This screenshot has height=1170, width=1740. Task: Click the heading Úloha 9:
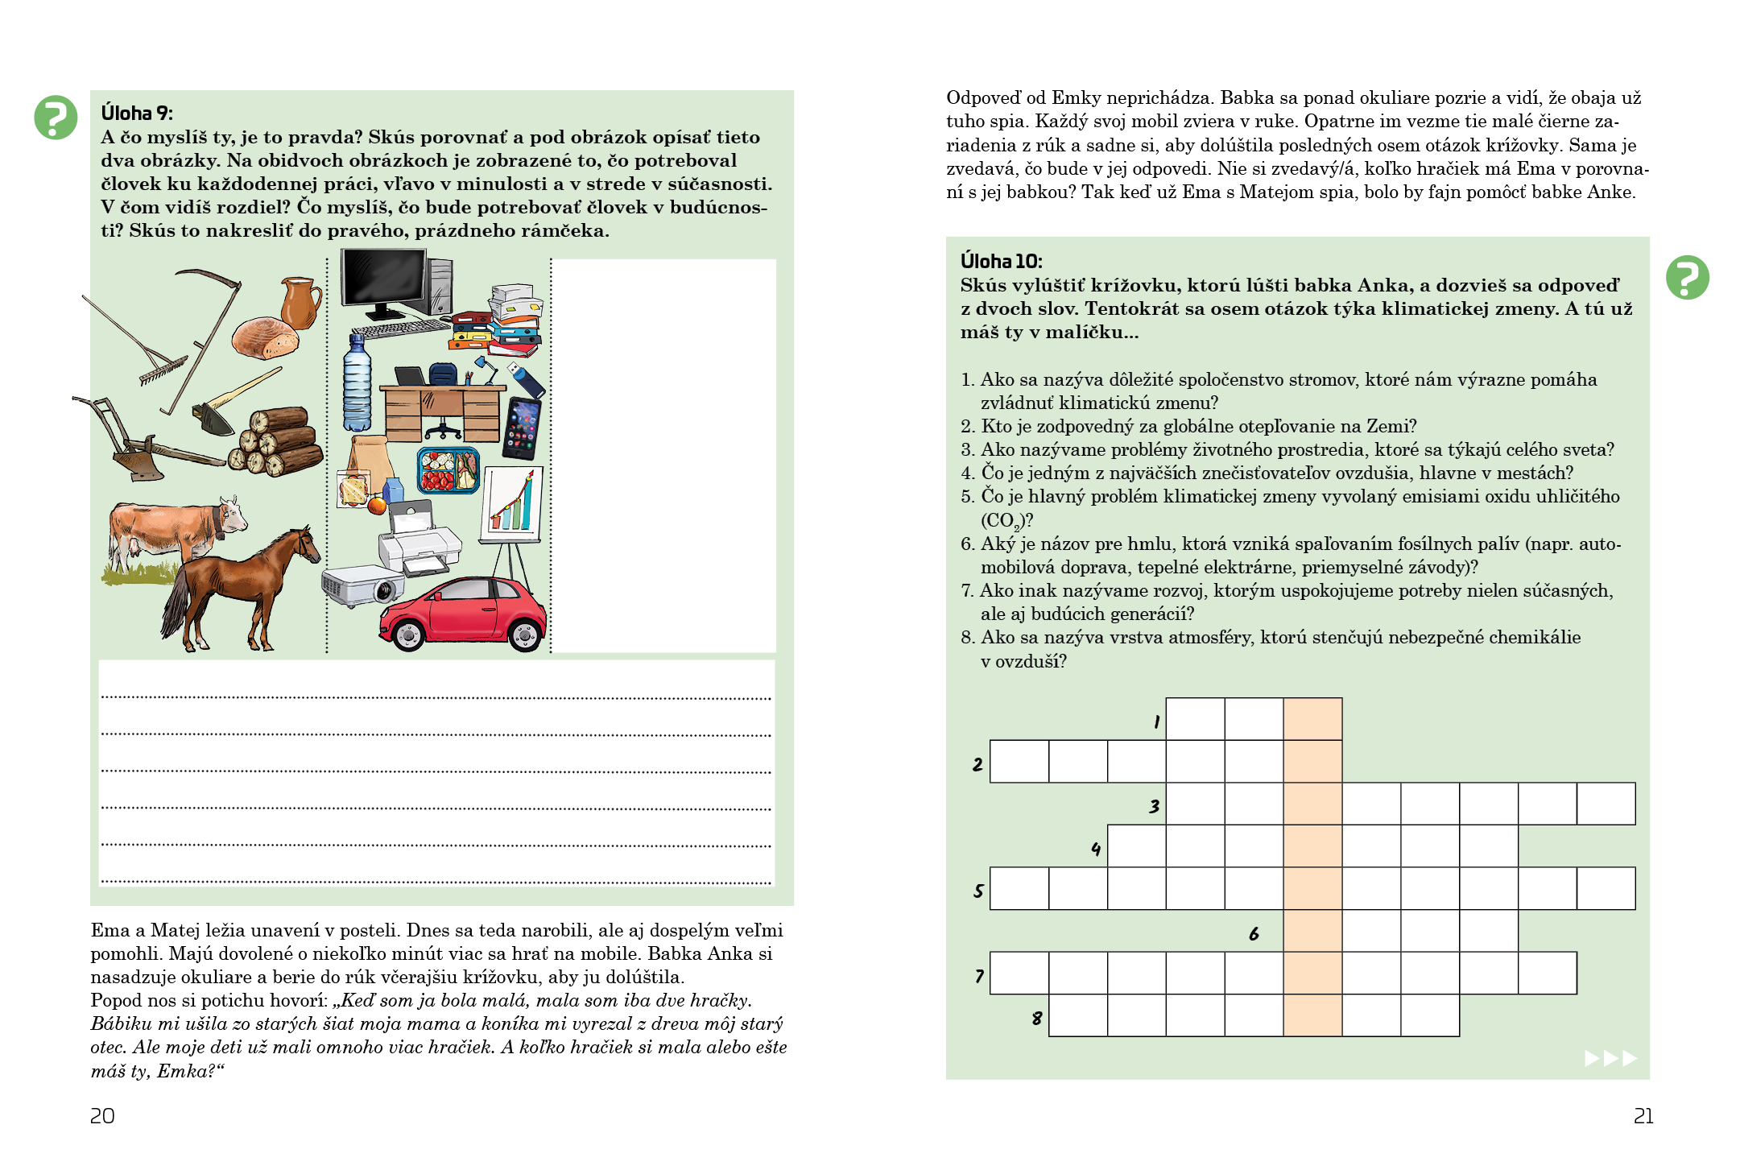coord(137,113)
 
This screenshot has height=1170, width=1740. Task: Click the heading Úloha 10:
coord(1001,261)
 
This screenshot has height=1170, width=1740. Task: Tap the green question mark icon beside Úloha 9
coord(56,118)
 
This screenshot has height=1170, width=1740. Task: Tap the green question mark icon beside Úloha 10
coord(1687,278)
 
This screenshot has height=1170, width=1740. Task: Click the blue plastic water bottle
coord(357,385)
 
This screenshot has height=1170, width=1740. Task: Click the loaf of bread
coord(265,337)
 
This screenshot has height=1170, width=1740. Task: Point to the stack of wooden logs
coord(276,443)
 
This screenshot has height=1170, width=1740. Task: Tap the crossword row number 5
coord(978,891)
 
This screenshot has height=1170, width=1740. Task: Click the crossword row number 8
coord(1037,1018)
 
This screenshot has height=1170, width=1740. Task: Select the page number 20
coord(102,1116)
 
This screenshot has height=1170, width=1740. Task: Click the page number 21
coord(1643,1116)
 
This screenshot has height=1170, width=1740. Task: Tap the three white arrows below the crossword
coord(1610,1058)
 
